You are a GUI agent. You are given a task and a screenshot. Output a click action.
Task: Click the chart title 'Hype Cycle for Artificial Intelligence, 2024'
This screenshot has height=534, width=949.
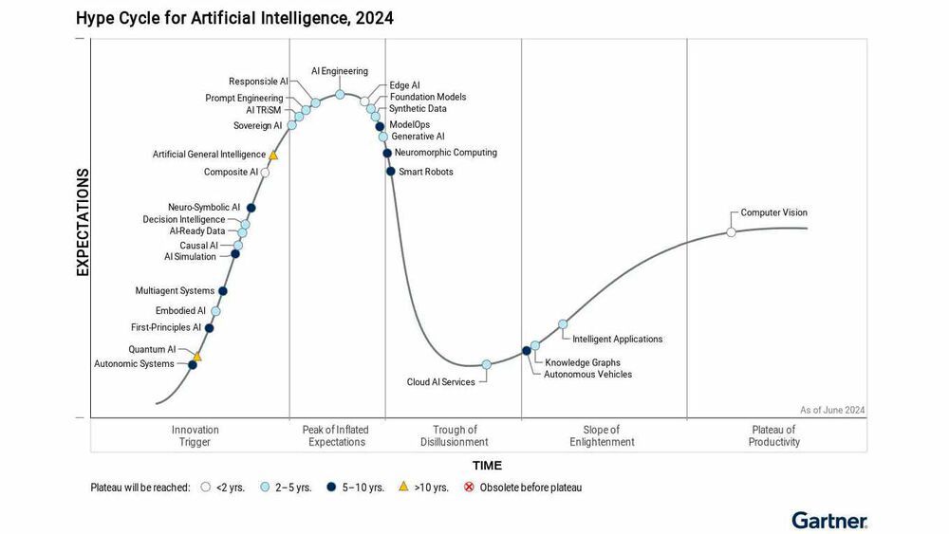(x=234, y=18)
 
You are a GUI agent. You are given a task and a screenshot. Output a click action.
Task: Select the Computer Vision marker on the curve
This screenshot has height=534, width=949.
(x=731, y=232)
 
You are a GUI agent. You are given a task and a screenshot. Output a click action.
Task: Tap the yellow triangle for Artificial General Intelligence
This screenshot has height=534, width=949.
(x=273, y=155)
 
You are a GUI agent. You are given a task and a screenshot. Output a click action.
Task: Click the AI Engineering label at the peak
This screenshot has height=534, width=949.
(x=340, y=71)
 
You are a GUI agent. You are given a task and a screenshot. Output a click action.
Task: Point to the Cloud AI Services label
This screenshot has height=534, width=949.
(x=441, y=382)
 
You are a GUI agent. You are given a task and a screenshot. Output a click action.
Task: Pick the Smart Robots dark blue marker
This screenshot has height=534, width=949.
(x=391, y=172)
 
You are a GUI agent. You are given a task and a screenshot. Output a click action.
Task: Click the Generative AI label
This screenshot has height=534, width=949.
(x=418, y=137)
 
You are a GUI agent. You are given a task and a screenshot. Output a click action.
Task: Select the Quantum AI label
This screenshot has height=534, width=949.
(x=152, y=349)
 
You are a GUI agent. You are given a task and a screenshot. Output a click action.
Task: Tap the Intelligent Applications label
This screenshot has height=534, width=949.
(x=618, y=339)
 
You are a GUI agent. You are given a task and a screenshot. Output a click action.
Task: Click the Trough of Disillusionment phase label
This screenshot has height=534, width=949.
(x=454, y=436)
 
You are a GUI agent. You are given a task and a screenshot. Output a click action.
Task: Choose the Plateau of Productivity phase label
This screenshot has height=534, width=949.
(x=773, y=436)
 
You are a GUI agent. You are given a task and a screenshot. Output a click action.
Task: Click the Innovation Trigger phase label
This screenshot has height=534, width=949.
(x=195, y=436)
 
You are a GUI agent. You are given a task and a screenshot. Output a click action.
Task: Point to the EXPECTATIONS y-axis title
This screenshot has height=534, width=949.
(x=83, y=223)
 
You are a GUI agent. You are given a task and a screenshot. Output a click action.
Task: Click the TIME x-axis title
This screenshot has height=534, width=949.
(x=487, y=466)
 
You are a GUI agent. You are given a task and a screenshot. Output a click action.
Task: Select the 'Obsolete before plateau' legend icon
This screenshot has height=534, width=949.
(x=469, y=488)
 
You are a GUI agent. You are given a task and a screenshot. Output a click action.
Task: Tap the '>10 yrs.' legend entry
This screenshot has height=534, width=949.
(x=423, y=488)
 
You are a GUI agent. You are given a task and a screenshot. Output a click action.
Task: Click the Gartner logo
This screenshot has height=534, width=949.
(x=828, y=520)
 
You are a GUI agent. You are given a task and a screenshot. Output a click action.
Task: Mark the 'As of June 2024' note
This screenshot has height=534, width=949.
(x=831, y=410)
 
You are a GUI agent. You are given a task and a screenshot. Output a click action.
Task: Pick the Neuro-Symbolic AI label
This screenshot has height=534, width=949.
(x=204, y=207)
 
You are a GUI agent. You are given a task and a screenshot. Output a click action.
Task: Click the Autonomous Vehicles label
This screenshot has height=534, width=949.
(x=587, y=375)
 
